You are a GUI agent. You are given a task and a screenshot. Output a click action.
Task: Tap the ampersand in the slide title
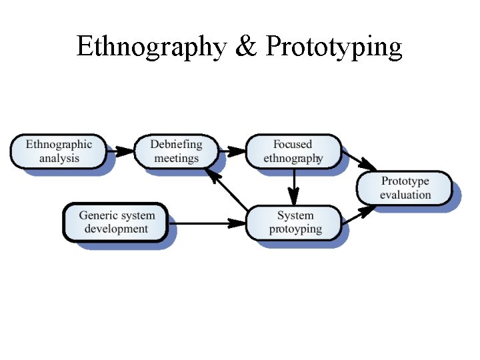(x=247, y=47)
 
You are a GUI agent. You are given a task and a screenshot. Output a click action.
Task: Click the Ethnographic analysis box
(x=59, y=151)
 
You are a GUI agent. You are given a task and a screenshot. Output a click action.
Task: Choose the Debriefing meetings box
(x=176, y=151)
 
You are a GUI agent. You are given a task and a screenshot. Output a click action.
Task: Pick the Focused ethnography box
(x=293, y=151)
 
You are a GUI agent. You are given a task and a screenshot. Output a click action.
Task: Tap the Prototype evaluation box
(x=405, y=188)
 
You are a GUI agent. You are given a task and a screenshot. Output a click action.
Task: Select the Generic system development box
(x=116, y=222)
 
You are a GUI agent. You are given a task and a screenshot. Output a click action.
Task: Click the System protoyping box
(x=295, y=223)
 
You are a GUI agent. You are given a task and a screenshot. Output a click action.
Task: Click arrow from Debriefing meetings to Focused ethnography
(x=233, y=151)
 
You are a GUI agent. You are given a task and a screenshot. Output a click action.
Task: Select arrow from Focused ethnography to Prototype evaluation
(x=359, y=161)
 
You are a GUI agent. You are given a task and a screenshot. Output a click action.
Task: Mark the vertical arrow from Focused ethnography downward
(x=294, y=186)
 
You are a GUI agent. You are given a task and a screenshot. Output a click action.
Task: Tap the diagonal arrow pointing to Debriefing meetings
(x=226, y=189)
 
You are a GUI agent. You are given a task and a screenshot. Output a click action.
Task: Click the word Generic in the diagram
(x=98, y=215)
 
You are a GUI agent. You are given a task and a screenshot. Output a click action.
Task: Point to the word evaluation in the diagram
(x=405, y=195)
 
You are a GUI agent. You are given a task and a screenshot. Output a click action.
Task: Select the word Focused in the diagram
(x=292, y=144)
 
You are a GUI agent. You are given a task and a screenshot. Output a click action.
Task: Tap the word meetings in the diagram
(x=177, y=159)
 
